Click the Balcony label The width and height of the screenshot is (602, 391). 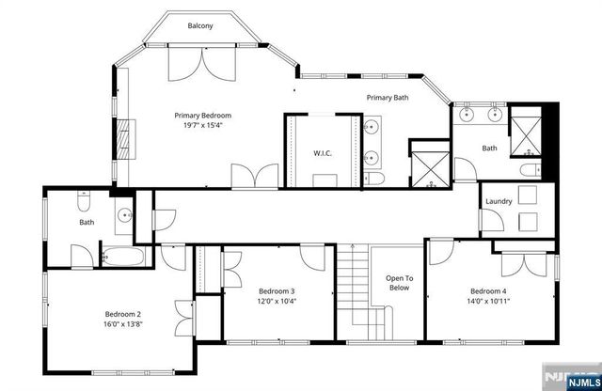[x=199, y=25]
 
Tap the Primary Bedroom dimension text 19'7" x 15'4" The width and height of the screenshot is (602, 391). [x=202, y=126]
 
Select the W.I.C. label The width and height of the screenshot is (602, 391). [x=320, y=152]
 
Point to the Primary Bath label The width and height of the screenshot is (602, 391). [x=387, y=98]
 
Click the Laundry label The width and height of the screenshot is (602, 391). [x=498, y=202]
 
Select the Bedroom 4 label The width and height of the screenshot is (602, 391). [x=488, y=290]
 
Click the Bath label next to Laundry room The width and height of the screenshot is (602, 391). [x=489, y=148]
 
